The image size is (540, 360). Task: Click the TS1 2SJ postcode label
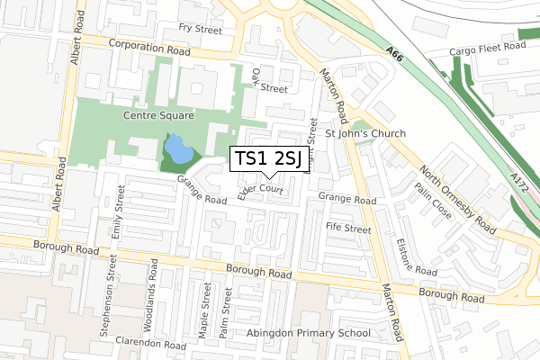[x=267, y=159]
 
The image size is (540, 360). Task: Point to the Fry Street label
[x=200, y=30]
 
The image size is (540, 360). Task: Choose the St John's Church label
[x=365, y=134]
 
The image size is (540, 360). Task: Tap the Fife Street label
[x=348, y=229]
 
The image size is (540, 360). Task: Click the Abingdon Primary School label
[x=309, y=333]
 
